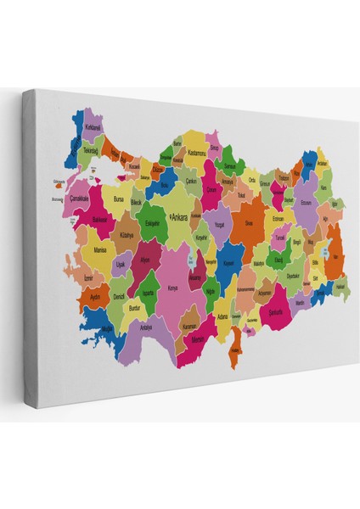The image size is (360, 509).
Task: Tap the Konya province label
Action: pyautogui.click(x=173, y=288)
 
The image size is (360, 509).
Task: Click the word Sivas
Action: pyautogui.click(x=249, y=223)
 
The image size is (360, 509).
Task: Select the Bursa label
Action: pyautogui.click(x=118, y=199)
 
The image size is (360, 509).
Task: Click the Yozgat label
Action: pyautogui.click(x=217, y=227)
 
